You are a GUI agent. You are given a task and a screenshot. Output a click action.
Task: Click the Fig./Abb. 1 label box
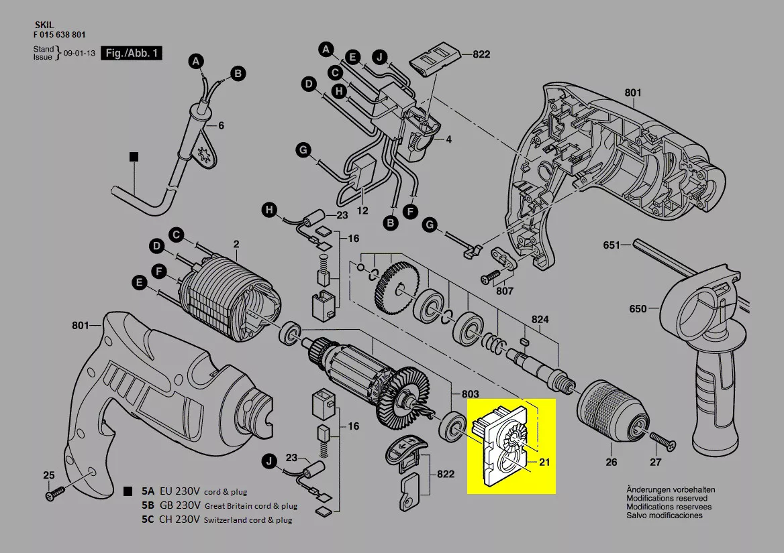tap(132, 53)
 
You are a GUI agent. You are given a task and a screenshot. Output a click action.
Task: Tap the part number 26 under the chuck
tap(611, 462)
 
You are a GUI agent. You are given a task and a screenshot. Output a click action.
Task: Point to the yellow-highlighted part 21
tap(511, 445)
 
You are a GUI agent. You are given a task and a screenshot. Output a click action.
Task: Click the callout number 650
tap(638, 309)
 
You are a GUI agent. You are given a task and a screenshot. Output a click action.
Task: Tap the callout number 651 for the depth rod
tap(611, 245)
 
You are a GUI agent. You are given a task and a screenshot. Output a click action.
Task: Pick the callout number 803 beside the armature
tap(470, 393)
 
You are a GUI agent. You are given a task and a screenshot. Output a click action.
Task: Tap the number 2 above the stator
tap(236, 243)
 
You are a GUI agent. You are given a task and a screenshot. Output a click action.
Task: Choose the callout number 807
tap(504, 291)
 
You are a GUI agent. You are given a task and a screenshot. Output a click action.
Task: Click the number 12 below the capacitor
tap(362, 210)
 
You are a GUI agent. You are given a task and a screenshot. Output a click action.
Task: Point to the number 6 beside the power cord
tap(222, 125)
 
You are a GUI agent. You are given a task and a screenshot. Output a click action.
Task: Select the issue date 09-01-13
tap(79, 53)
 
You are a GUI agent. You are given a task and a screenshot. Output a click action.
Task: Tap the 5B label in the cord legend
tap(148, 505)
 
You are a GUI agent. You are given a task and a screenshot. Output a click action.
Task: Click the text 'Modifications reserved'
tap(667, 498)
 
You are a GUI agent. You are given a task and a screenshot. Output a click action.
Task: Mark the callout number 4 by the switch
tap(448, 139)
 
